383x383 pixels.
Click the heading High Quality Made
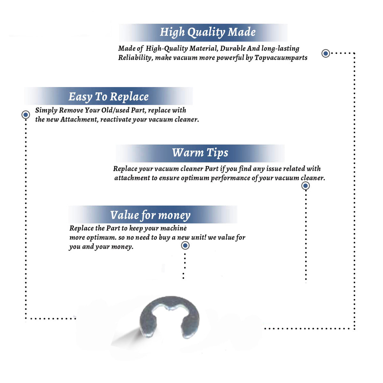click(x=207, y=32)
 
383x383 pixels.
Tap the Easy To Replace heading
click(x=109, y=97)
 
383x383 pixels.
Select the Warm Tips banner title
click(x=200, y=153)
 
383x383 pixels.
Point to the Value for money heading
click(x=150, y=215)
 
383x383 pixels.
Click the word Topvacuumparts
click(x=281, y=58)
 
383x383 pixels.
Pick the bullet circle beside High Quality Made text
click(x=326, y=53)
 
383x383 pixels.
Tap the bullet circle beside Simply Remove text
click(x=26, y=115)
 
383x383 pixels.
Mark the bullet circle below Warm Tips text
click(x=305, y=186)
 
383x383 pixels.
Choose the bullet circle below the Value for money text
click(x=185, y=245)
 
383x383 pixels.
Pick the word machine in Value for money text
click(x=174, y=228)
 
